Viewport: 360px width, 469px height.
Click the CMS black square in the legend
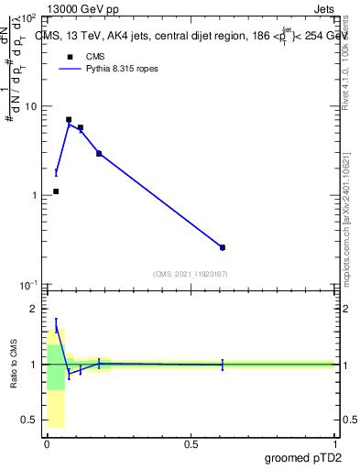pos(70,57)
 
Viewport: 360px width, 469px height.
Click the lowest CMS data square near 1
pos(56,191)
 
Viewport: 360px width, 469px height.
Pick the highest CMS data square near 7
pos(69,120)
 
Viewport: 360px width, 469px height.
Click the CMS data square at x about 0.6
pos(223,247)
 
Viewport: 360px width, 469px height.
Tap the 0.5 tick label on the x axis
pos(191,443)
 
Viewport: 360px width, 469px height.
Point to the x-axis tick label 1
pos(334,443)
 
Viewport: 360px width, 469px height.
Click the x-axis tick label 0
pos(48,443)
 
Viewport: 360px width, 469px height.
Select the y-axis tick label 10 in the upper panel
pos(30,106)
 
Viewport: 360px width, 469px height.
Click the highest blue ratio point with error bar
pos(56,325)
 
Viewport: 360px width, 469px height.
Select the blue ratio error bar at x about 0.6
pos(223,365)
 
